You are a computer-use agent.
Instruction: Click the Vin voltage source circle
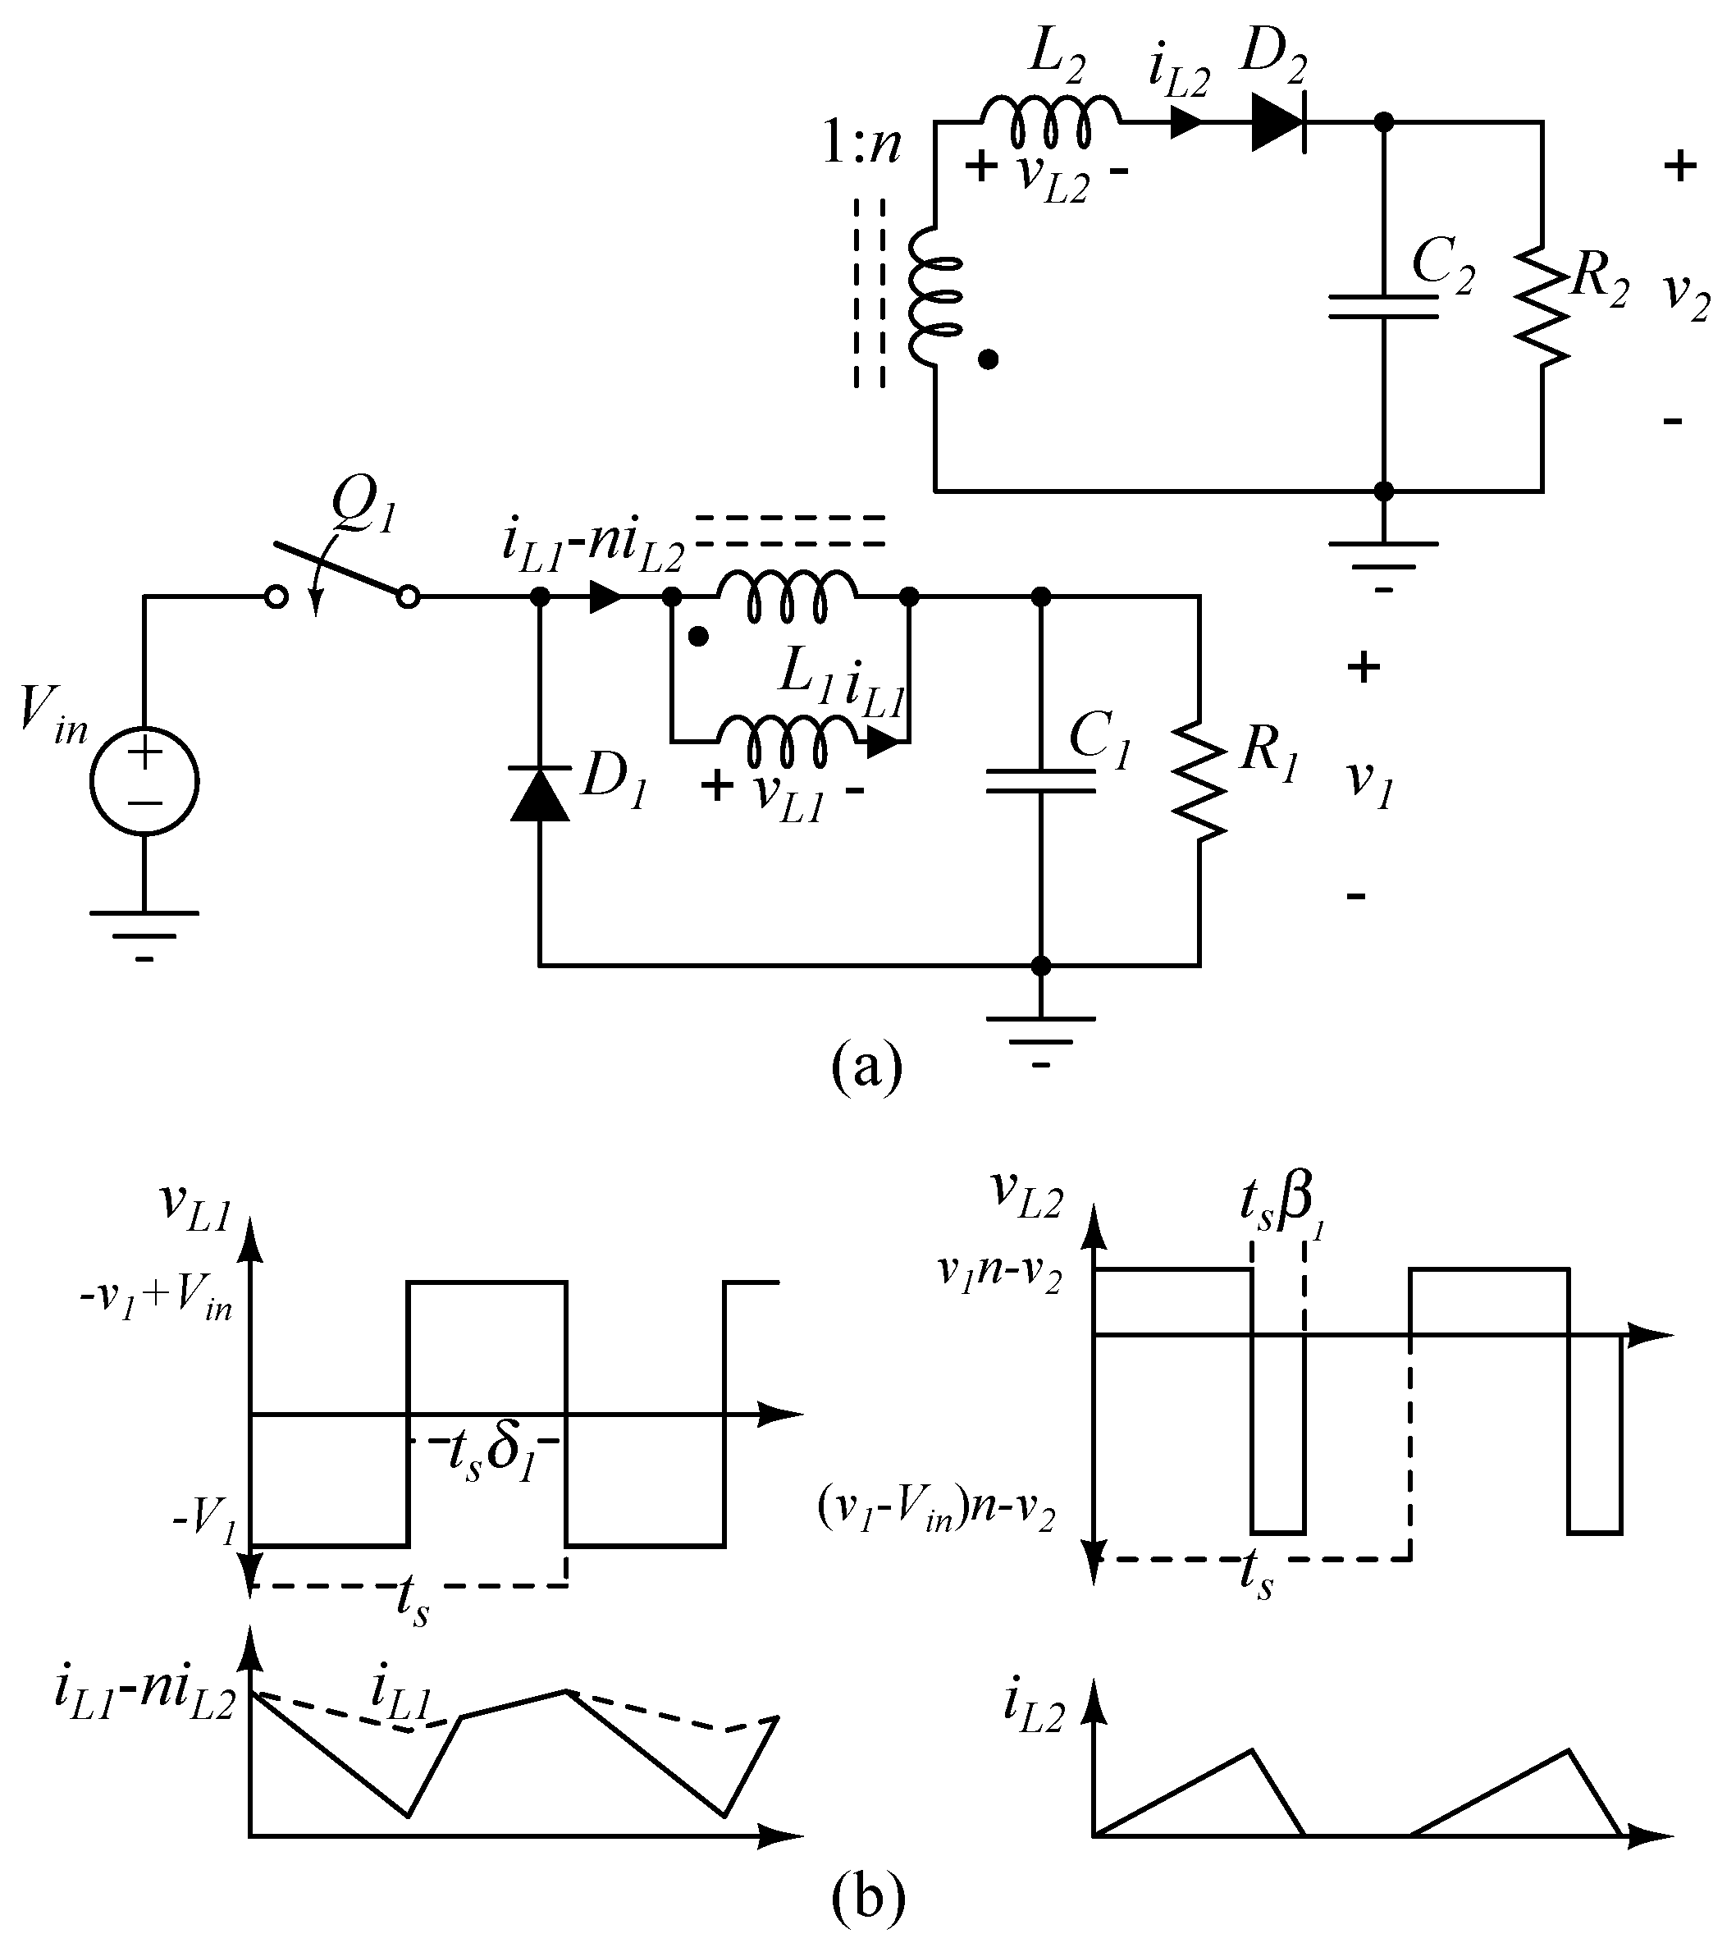click(144, 781)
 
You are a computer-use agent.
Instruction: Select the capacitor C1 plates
click(1041, 781)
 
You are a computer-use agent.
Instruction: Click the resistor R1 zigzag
click(1199, 781)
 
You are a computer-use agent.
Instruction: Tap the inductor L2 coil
click(1050, 119)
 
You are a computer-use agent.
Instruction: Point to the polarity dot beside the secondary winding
click(989, 360)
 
